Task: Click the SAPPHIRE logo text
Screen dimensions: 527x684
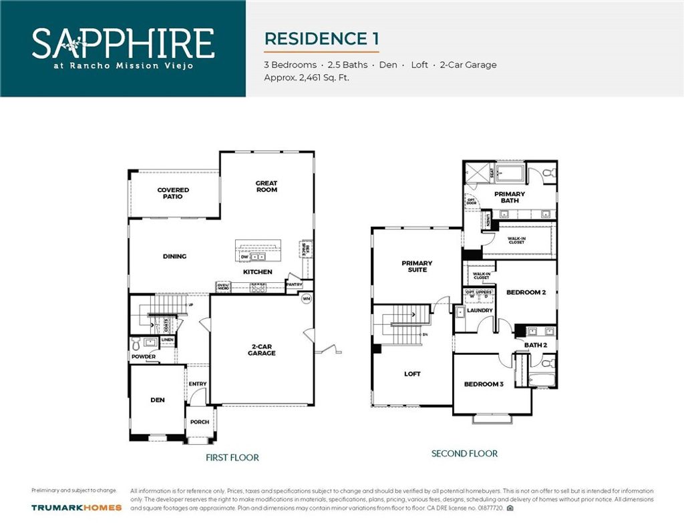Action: (x=123, y=43)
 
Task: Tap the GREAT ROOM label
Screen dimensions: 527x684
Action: (x=267, y=186)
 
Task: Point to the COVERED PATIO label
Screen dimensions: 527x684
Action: (x=173, y=193)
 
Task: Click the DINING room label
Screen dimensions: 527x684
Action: (x=174, y=257)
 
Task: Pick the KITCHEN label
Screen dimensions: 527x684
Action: (x=257, y=272)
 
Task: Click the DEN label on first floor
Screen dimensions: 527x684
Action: (x=157, y=400)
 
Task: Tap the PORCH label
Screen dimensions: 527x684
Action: (x=200, y=422)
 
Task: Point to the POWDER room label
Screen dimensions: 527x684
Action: (x=143, y=357)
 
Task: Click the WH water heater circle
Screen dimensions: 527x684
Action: (x=307, y=298)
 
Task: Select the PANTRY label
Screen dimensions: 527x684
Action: (x=294, y=285)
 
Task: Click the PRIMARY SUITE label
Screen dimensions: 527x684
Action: (x=417, y=266)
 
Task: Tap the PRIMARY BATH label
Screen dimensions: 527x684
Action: (x=510, y=197)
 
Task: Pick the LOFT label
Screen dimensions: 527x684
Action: (x=412, y=374)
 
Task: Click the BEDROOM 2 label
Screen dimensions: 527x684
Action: (x=526, y=292)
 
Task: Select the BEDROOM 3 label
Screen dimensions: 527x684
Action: (x=484, y=384)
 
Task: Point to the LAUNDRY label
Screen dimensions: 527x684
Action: (x=480, y=310)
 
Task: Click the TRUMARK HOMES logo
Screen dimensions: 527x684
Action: (x=76, y=508)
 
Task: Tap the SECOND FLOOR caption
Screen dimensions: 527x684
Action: (x=464, y=454)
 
